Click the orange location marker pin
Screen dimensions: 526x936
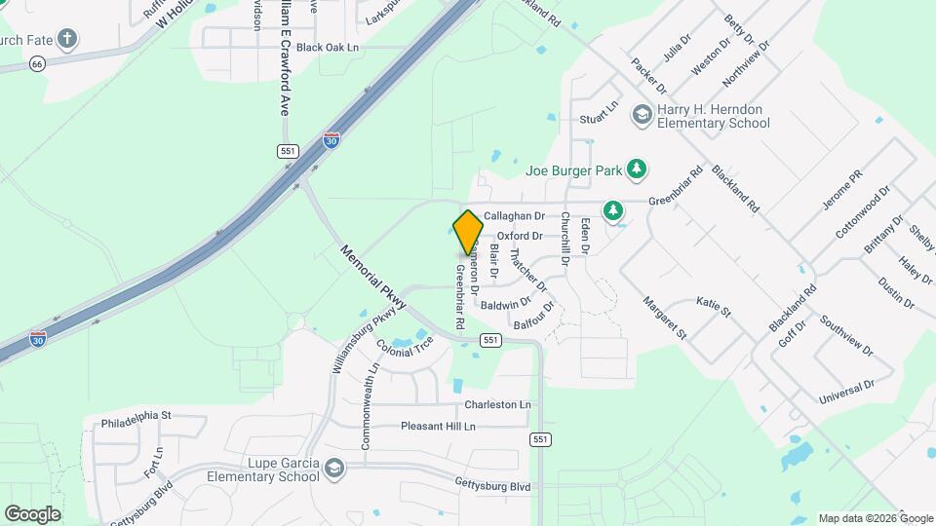[x=468, y=231]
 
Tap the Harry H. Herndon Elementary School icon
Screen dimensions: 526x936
[x=642, y=115]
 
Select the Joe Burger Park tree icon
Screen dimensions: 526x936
[x=637, y=169]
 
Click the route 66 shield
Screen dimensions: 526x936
[x=37, y=63]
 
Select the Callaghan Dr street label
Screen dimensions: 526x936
[x=514, y=215]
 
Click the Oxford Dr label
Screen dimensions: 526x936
[x=520, y=236]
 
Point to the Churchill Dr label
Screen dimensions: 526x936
[x=565, y=239]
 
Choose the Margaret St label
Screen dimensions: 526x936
[x=664, y=317]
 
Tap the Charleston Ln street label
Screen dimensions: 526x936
[x=497, y=404]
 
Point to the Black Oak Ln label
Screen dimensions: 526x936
[x=328, y=47]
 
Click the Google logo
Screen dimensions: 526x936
[x=32, y=513]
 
